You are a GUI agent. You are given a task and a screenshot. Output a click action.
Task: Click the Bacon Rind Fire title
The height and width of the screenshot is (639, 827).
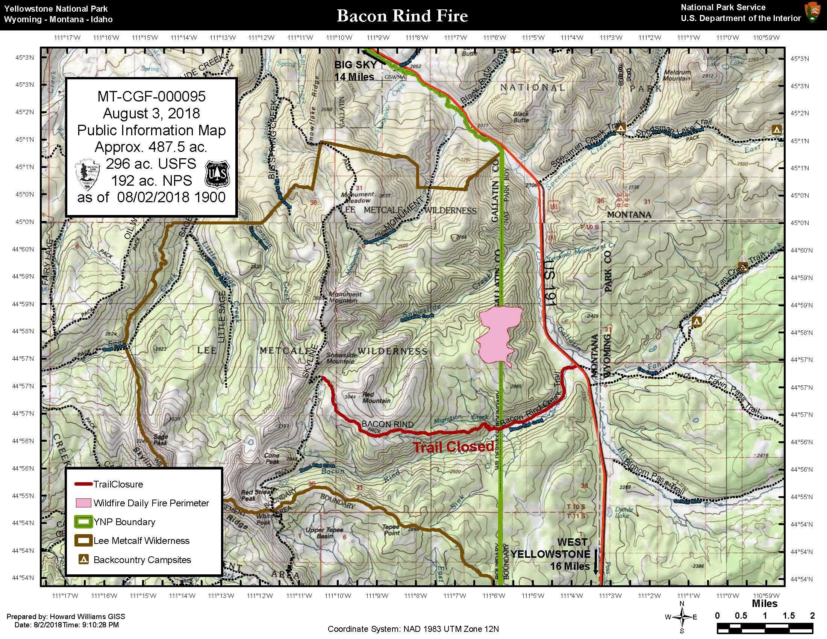click(402, 16)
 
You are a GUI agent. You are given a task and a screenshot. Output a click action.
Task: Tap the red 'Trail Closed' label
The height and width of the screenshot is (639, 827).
click(453, 447)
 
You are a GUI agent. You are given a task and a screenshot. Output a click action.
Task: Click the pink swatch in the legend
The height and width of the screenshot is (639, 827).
click(83, 503)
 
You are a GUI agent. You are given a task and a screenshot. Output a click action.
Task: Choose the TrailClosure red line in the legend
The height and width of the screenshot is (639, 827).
click(83, 484)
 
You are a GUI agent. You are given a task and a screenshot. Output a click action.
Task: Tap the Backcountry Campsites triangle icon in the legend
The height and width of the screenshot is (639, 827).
click(83, 560)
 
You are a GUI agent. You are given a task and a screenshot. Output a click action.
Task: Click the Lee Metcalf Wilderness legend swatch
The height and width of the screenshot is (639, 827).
click(83, 541)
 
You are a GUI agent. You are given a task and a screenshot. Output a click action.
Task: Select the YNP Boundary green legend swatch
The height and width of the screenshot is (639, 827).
click(83, 522)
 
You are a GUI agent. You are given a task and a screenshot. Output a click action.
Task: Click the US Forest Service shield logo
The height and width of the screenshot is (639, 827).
click(217, 174)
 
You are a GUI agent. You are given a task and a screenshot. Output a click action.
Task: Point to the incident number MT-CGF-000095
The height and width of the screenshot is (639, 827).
click(151, 97)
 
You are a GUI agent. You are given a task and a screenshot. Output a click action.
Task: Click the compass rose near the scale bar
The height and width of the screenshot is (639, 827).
click(681, 617)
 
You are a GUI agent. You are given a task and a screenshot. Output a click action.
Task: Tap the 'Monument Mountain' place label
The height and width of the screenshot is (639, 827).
click(345, 297)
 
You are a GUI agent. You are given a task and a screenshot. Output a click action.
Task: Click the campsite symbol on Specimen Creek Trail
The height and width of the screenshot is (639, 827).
click(620, 129)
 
